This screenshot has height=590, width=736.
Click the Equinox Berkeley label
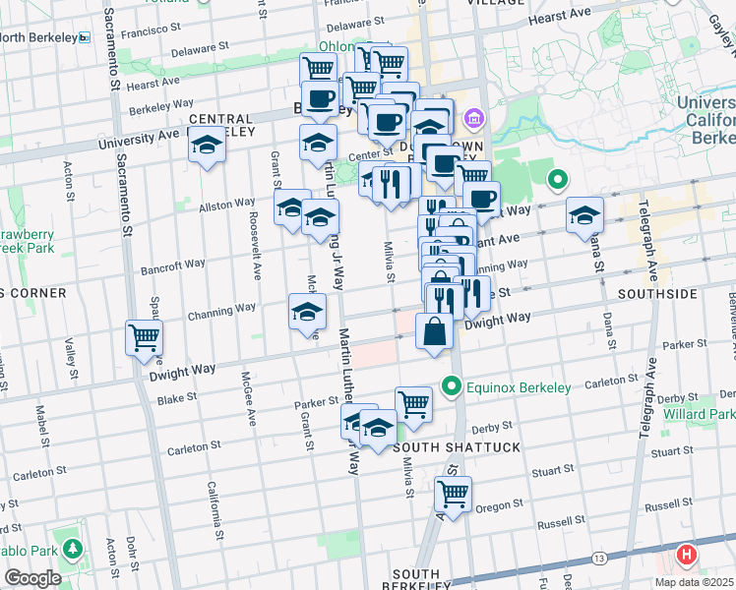(519, 387)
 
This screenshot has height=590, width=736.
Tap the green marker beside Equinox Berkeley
(452, 386)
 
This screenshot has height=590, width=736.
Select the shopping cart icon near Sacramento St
(144, 338)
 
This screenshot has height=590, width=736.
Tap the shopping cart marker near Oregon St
(453, 494)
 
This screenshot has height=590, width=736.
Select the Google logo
(32, 578)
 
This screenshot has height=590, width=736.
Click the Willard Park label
(711, 415)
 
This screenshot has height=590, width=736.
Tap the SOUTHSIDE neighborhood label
(657, 294)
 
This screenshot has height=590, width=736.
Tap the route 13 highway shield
(599, 559)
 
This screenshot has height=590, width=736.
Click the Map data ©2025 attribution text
(694, 582)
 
